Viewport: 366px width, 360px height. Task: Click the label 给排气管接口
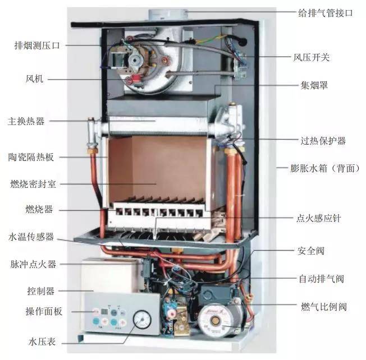pyautogui.click(x=326, y=13)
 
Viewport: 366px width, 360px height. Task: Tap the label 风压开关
pyautogui.click(x=312, y=57)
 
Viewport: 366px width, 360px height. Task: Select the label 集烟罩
pyautogui.click(x=314, y=85)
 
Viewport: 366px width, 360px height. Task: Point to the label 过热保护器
pyautogui.click(x=323, y=141)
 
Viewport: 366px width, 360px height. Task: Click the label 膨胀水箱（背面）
pyautogui.click(x=325, y=168)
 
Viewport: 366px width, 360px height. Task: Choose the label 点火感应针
pyautogui.click(x=319, y=219)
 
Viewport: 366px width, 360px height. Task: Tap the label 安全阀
pyautogui.click(x=311, y=251)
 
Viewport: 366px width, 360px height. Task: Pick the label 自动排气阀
pyautogui.click(x=322, y=279)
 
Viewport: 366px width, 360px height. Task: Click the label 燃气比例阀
pyautogui.click(x=324, y=307)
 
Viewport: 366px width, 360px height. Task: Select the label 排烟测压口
pyautogui.click(x=37, y=45)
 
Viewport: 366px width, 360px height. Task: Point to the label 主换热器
pyautogui.click(x=26, y=121)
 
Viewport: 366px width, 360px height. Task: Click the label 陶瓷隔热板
pyautogui.click(x=31, y=157)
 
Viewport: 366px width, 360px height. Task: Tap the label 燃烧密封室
pyautogui.click(x=33, y=184)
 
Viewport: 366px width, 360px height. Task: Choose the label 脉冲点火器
pyautogui.click(x=33, y=264)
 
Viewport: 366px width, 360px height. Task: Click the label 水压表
pyautogui.click(x=42, y=342)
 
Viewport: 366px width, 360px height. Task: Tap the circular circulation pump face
pyautogui.click(x=214, y=320)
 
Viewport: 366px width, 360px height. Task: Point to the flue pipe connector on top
pyautogui.click(x=168, y=15)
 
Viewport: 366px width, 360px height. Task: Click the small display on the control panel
pyautogui.click(x=104, y=311)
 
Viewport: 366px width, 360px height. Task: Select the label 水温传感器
pyautogui.click(x=31, y=237)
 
